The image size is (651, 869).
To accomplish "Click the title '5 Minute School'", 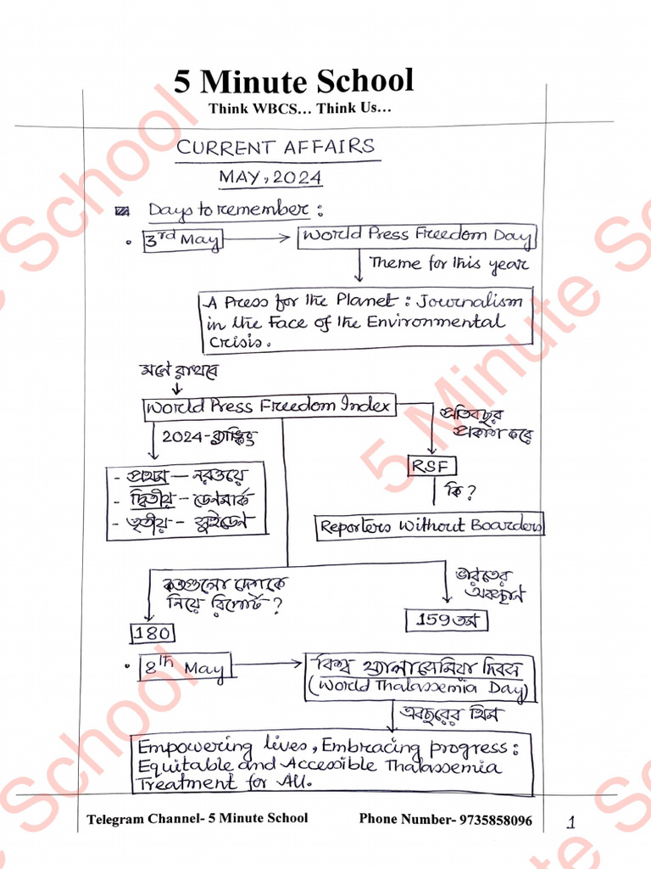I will (x=294, y=81).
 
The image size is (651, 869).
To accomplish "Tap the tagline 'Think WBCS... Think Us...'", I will (x=300, y=109).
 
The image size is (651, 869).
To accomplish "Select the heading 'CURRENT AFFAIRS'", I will (x=275, y=147).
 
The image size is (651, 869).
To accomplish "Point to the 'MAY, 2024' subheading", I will (x=270, y=177).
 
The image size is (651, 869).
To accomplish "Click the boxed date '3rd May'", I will (x=181, y=240).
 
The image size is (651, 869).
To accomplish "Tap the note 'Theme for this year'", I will (x=448, y=264).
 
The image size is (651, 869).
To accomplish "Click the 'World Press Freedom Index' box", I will (x=269, y=406).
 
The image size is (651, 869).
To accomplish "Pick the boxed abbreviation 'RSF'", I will (x=432, y=465).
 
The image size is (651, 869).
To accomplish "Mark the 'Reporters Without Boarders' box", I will (x=430, y=525).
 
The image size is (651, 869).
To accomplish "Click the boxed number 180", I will (x=152, y=633).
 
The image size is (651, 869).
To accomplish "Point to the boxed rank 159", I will (x=446, y=620).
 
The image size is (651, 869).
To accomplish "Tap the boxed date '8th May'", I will (x=184, y=668).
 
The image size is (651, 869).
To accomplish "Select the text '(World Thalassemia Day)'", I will (x=420, y=689).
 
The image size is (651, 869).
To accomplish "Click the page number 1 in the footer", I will (x=570, y=821).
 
